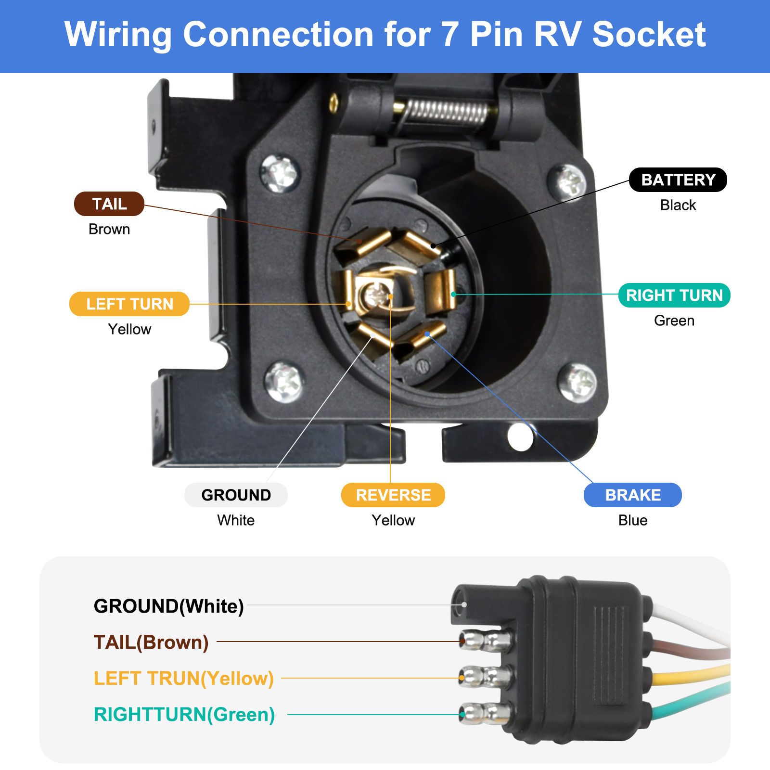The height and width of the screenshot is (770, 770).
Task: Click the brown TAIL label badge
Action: coord(109,204)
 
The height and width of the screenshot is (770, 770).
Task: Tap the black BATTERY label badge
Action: coord(678,180)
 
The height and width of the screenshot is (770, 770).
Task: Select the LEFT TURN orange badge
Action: coord(129,304)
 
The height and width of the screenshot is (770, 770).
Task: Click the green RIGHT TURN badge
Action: coord(674,295)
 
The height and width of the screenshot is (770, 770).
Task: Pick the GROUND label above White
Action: coord(236,495)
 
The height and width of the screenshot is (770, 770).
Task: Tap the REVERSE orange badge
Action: coord(393,495)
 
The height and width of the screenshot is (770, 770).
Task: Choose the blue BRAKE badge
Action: coord(632,495)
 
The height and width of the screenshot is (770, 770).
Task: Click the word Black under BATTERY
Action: coord(678,205)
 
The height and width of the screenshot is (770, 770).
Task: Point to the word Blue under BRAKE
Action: coord(632,520)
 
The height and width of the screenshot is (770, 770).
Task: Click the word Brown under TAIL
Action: coord(109,229)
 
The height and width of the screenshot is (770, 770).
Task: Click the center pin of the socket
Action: coord(376,295)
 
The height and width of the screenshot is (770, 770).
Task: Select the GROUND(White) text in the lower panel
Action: coord(168,606)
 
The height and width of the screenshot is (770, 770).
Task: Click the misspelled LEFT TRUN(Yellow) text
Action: coord(183,678)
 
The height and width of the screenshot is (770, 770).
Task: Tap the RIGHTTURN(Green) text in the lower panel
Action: coord(184,714)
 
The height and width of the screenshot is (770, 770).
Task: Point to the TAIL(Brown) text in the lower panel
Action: coord(151,642)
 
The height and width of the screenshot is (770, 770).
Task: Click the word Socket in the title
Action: coord(648,35)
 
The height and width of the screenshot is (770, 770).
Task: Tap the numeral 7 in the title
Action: coord(449,35)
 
